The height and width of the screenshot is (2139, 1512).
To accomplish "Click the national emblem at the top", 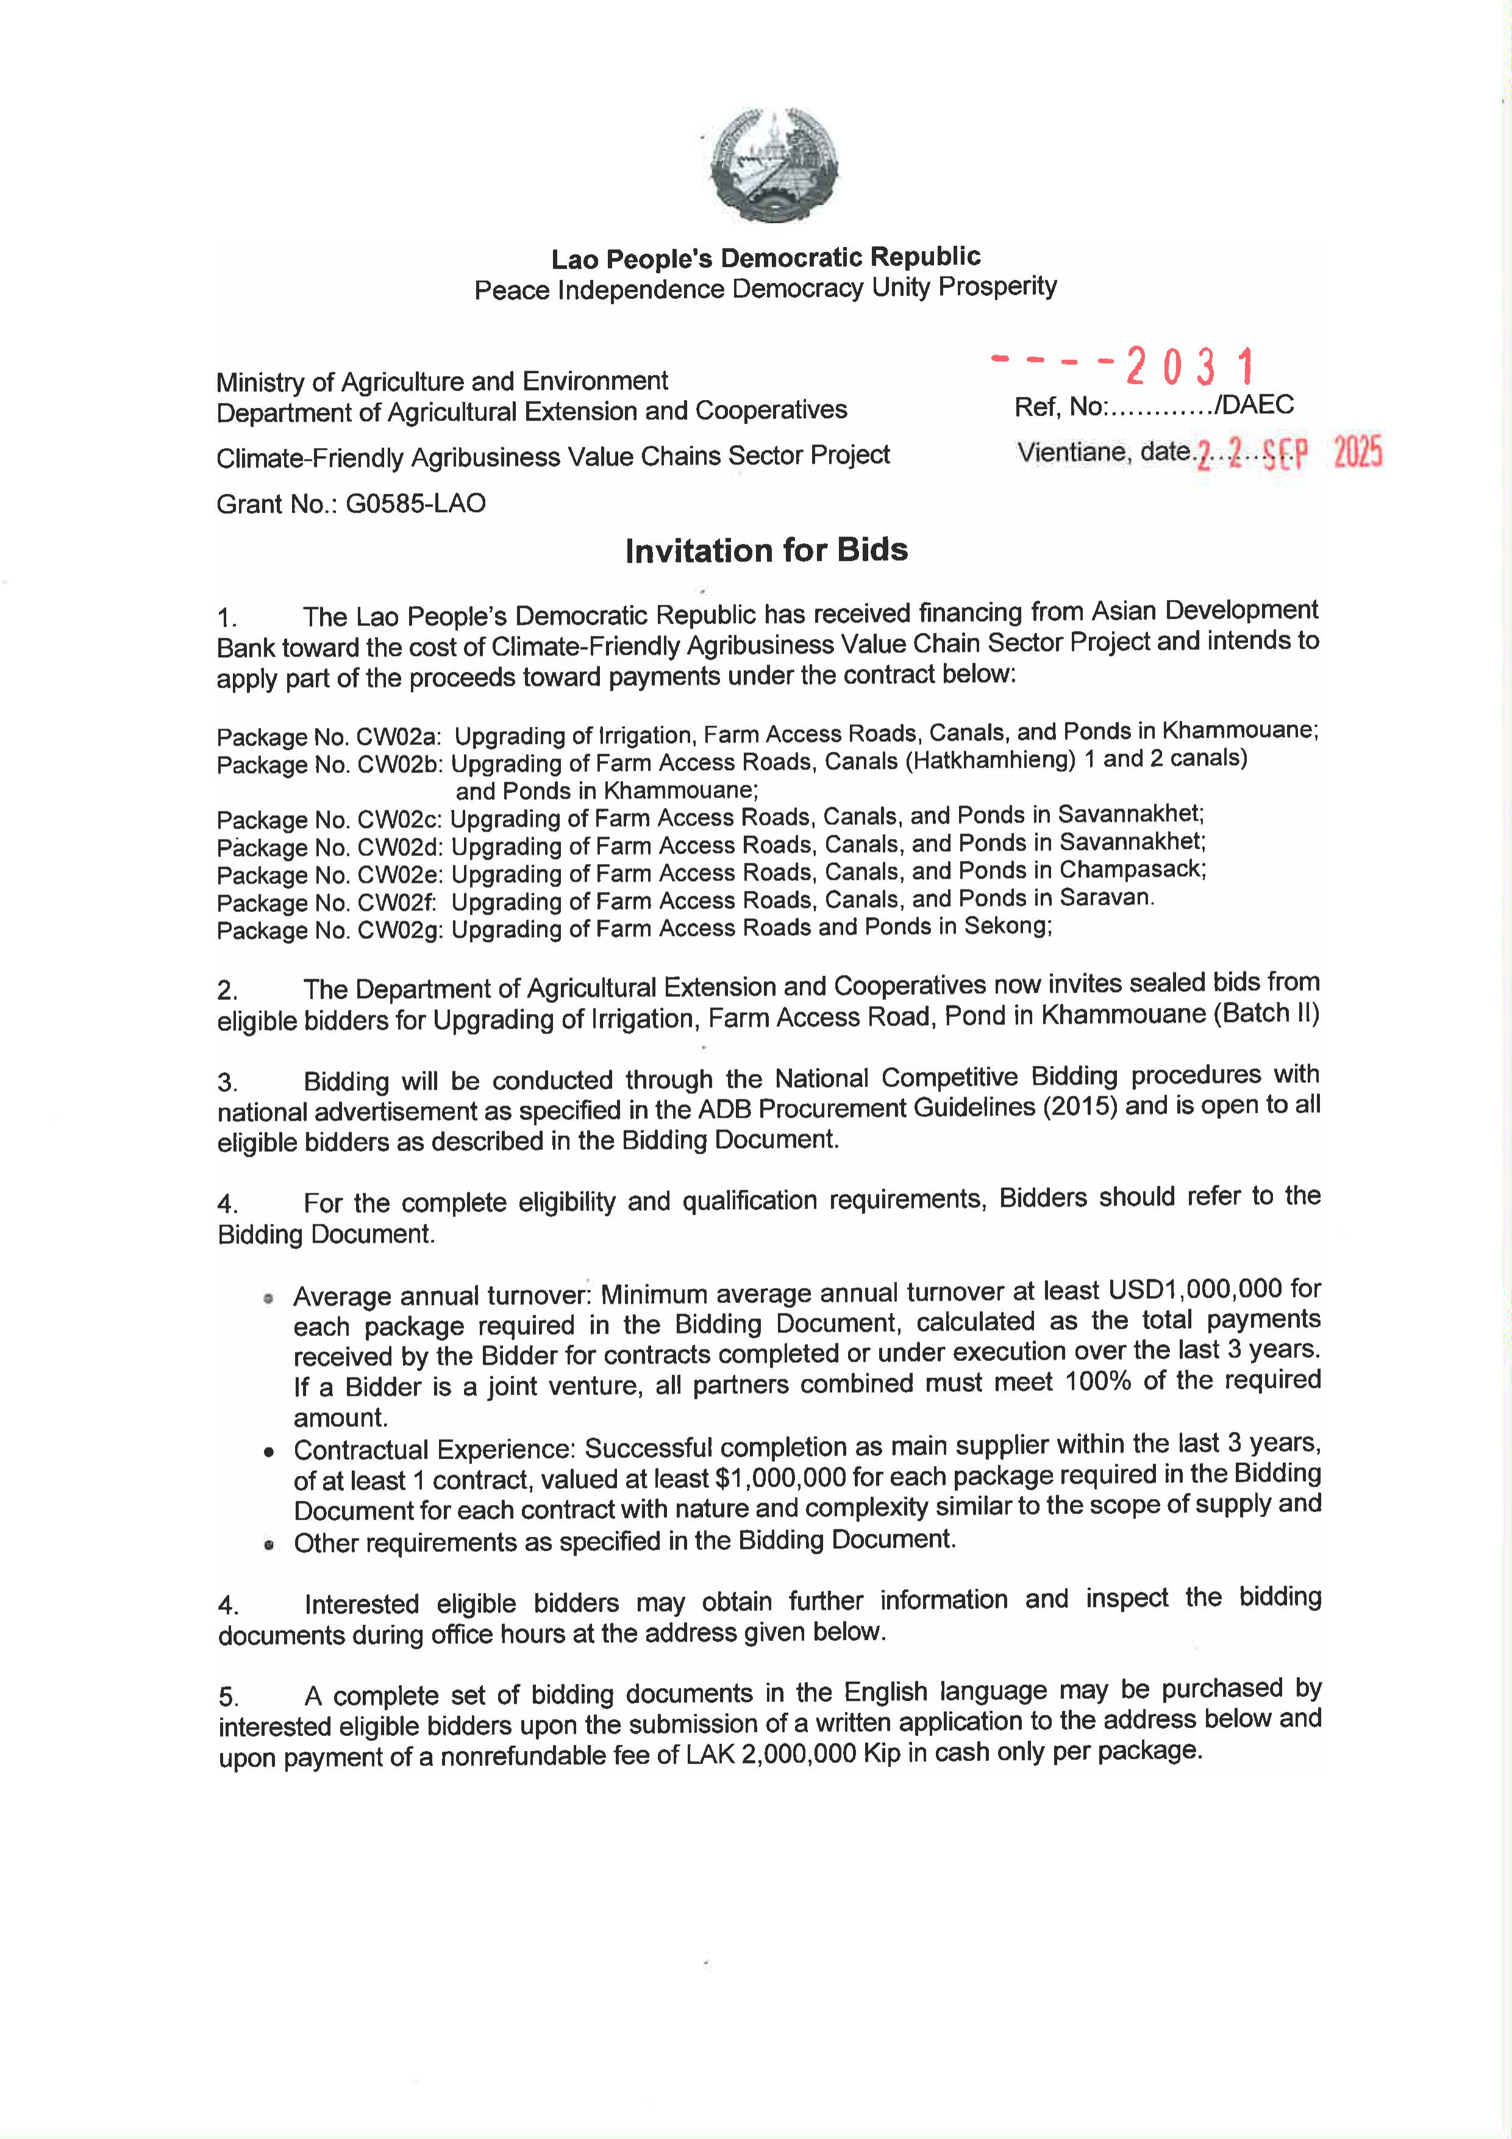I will (773, 165).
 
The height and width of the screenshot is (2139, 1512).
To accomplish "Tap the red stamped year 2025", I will (1357, 453).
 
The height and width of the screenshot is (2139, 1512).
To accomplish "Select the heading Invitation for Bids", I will (766, 551).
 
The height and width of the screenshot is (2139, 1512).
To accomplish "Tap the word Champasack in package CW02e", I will (1132, 870).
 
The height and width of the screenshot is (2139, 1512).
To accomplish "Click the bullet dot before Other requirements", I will (268, 1544).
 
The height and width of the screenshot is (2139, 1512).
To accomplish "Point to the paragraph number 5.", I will (228, 1696).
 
